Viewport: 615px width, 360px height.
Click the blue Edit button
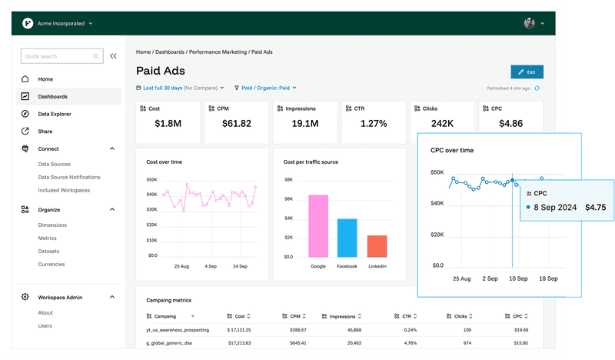point(527,72)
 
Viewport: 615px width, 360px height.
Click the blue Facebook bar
point(347,238)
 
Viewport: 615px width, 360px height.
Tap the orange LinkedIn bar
point(377,245)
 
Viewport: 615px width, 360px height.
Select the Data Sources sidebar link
point(54,165)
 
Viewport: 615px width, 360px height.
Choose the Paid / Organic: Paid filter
point(265,88)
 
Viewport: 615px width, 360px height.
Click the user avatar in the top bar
point(530,23)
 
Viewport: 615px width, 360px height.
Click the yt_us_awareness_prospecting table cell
point(178,329)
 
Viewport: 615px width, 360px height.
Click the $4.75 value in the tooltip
point(595,207)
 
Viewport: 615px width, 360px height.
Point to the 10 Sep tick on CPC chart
point(517,278)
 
